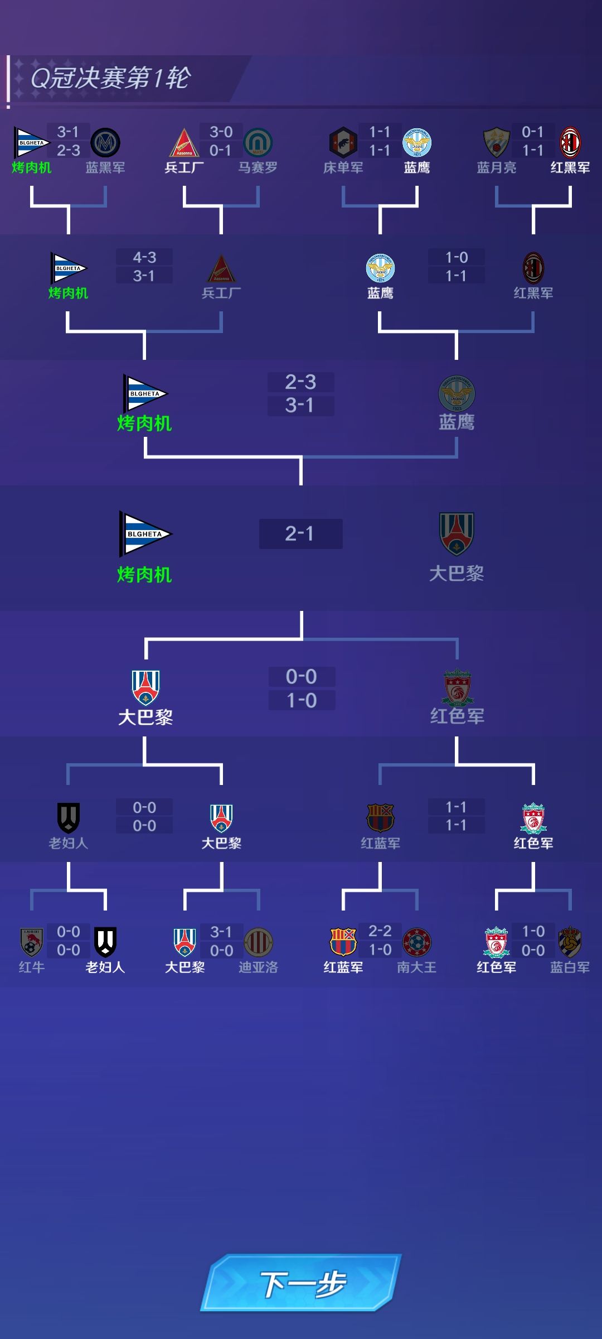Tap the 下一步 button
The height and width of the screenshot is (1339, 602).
click(301, 1283)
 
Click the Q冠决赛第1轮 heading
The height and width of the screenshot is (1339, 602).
click(110, 78)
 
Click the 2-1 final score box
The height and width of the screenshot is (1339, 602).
click(300, 534)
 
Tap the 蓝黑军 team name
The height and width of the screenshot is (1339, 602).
click(105, 167)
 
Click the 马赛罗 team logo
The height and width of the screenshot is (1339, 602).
click(258, 143)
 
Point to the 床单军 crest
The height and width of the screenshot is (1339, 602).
click(343, 143)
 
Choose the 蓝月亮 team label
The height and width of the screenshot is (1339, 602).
click(496, 167)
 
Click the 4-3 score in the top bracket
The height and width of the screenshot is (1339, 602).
click(144, 257)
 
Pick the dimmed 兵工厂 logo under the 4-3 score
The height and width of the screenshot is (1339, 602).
click(221, 268)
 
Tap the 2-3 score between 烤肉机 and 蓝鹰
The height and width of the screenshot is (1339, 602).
click(300, 382)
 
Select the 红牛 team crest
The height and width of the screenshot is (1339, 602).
click(32, 942)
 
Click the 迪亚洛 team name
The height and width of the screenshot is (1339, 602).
click(258, 967)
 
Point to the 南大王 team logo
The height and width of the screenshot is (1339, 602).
click(416, 942)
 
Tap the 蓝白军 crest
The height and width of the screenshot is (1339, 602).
click(570, 942)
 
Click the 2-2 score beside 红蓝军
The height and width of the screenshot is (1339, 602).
click(380, 931)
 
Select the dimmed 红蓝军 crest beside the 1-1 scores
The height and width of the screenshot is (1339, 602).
click(380, 817)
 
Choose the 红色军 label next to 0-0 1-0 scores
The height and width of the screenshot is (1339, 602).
click(457, 716)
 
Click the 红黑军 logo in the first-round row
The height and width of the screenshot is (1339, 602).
click(570, 143)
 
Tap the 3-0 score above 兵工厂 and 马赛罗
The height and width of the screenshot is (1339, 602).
click(221, 132)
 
